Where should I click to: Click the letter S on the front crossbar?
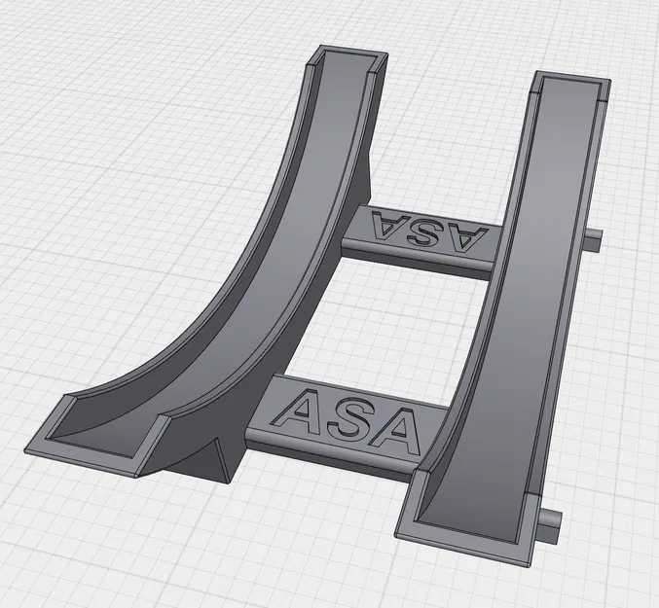[354, 417]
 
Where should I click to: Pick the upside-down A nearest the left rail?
[388, 226]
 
